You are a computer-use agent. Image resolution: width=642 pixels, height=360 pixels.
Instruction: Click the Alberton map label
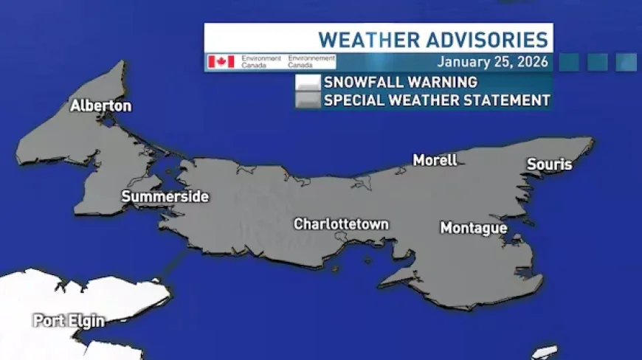101,106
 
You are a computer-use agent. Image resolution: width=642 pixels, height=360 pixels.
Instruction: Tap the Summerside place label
165,197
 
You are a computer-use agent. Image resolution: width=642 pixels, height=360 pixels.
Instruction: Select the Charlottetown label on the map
341,224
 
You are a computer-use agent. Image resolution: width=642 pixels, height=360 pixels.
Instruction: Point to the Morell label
435,160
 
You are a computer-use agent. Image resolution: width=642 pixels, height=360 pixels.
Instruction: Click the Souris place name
549,165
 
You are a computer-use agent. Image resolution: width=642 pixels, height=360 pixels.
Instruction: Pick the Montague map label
474,229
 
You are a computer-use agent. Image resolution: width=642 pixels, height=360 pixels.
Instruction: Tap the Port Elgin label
69,321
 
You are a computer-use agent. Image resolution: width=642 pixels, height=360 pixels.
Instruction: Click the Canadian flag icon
221,61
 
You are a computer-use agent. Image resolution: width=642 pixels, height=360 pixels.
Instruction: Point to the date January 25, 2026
493,62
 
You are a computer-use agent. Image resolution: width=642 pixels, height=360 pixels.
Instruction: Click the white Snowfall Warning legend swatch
308,82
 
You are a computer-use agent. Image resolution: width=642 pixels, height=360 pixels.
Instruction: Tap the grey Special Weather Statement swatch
308,100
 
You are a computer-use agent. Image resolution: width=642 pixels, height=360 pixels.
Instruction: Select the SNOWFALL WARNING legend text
401,82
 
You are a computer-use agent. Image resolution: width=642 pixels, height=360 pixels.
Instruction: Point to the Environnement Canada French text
311,61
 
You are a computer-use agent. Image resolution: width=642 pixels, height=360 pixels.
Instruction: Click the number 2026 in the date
532,62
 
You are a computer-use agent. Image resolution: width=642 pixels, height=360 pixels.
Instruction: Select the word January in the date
461,62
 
